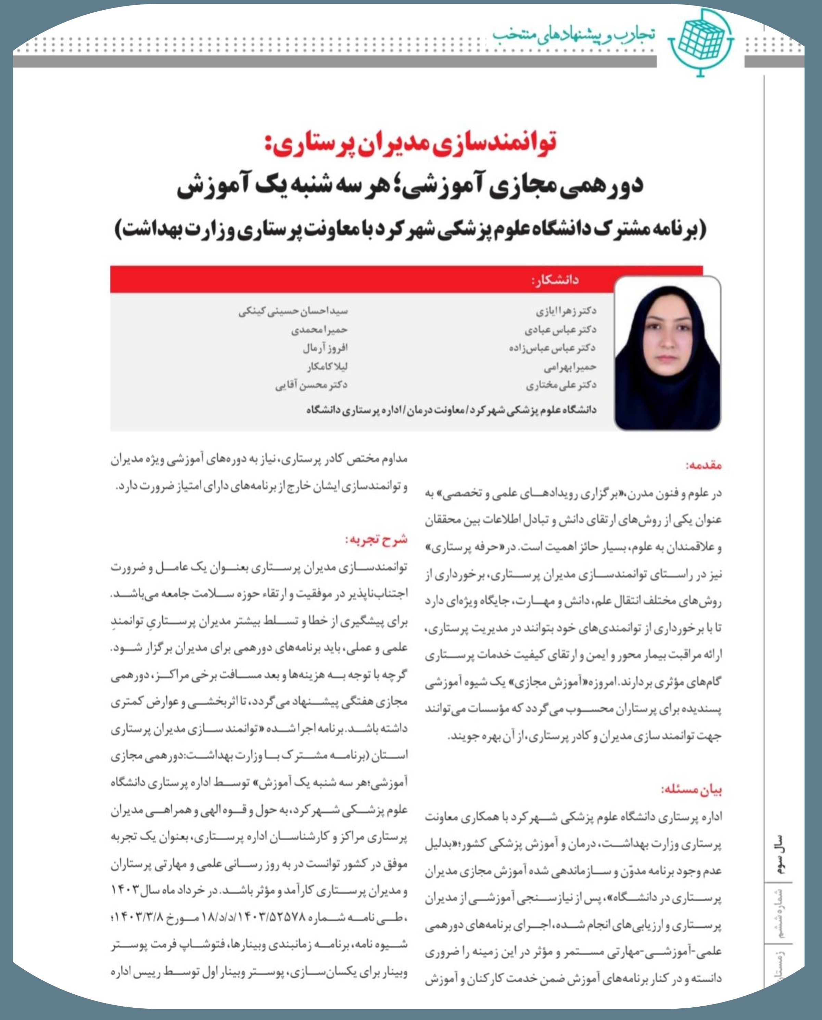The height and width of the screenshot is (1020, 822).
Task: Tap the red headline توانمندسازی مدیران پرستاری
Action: [410, 142]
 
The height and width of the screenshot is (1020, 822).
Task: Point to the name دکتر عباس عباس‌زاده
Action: [552, 348]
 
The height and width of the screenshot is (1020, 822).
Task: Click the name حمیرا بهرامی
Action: [570, 366]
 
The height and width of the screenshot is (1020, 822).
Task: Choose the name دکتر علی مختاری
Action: [561, 385]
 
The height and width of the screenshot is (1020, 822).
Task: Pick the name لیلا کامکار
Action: [327, 366]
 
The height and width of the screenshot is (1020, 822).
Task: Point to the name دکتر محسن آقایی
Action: [311, 385]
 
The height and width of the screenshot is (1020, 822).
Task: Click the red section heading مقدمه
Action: [704, 465]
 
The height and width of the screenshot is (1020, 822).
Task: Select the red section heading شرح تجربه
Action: [377, 539]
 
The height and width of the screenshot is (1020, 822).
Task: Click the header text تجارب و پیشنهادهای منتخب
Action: [574, 34]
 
